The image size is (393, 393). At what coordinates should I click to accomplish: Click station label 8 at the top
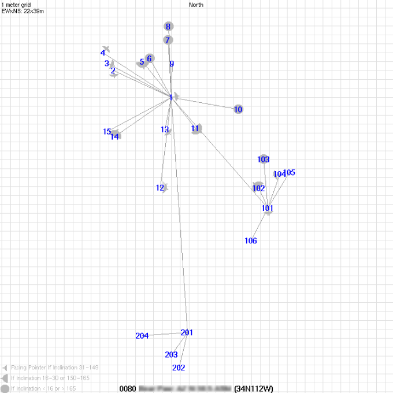point(168,27)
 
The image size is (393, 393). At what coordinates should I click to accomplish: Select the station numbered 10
point(238,109)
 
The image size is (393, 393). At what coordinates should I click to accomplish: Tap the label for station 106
point(250,241)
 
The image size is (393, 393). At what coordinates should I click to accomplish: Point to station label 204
point(142,336)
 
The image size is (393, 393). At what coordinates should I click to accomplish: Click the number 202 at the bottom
point(179,368)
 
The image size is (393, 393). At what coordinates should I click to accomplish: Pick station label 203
point(171,355)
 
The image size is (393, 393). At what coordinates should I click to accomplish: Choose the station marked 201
point(187,332)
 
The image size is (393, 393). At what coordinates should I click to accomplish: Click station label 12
point(160,188)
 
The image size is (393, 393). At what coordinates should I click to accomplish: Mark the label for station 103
point(264,160)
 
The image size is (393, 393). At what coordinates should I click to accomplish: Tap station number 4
point(103,53)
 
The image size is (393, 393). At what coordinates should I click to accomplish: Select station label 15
point(107,132)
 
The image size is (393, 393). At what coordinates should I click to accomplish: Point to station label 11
point(195,128)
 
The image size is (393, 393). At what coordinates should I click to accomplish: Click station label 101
point(267,208)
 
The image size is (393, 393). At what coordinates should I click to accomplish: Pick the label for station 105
point(290,172)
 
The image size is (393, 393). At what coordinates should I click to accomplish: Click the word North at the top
point(196,5)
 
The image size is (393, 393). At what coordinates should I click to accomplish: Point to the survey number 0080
point(127,388)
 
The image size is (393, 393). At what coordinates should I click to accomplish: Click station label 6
point(149,58)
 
